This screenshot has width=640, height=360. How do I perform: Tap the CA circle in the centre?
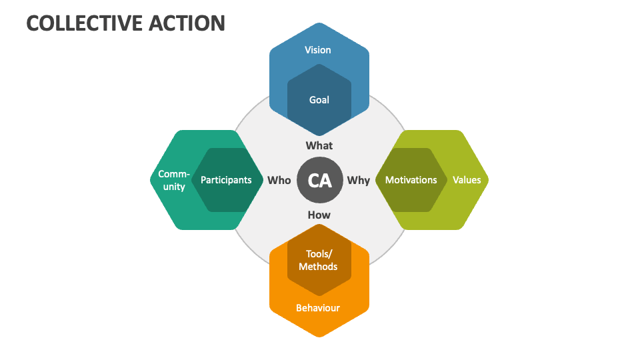tap(320, 180)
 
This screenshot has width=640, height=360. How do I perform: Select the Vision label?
tap(318, 49)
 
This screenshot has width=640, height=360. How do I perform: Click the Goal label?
tap(319, 100)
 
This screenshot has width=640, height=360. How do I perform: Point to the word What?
tap(319, 145)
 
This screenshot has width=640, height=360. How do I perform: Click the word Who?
tap(279, 180)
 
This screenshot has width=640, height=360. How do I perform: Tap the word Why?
tap(359, 180)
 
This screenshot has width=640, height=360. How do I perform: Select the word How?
tap(319, 215)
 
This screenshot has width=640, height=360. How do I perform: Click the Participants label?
tap(226, 180)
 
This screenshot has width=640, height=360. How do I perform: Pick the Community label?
tap(174, 180)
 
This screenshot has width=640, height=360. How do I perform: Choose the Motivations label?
tap(411, 180)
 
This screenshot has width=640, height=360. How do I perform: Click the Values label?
tap(467, 180)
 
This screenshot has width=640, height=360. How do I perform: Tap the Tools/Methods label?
tap(318, 260)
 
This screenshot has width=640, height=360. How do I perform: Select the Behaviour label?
tap(318, 308)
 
